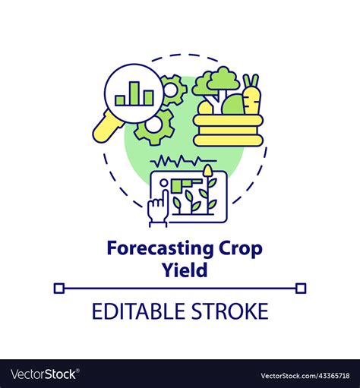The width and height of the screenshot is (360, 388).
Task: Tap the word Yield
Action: pos(180,270)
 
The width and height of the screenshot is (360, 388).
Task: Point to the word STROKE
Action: pos(230,311)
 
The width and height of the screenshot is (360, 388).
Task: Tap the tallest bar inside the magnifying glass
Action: pos(134,91)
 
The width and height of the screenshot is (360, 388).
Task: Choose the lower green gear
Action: pos(155,126)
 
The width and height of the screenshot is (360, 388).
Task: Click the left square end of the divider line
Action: pos(59,288)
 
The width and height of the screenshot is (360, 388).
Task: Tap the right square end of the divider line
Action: pos(301,288)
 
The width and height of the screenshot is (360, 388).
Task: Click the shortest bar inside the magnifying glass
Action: pos(121,99)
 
